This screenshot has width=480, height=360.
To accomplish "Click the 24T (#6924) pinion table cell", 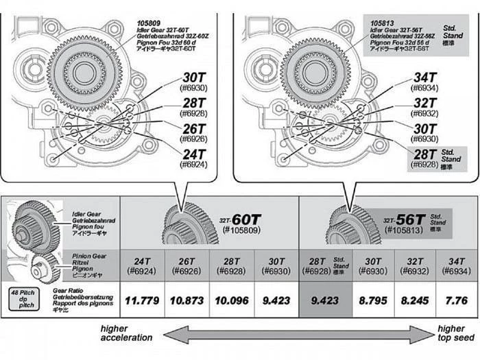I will pyautogui.click(x=142, y=266).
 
